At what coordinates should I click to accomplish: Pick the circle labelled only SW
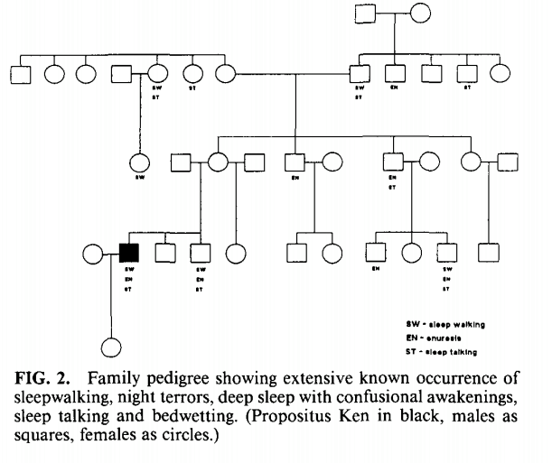pos(140,164)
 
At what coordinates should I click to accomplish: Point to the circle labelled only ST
pos(192,72)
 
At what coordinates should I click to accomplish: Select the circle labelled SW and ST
pos(156,72)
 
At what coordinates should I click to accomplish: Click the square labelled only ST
pos(466,72)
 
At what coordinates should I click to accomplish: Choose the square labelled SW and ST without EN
pos(359,72)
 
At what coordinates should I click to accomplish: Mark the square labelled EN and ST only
pos(392,163)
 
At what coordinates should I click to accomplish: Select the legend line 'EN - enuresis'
pos(436,336)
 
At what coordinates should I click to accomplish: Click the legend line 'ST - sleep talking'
pos(440,350)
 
